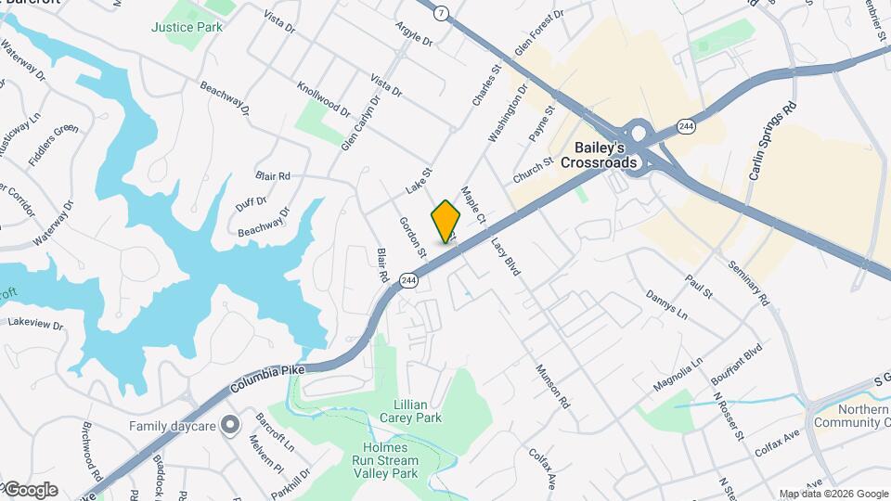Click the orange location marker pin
pos(445,221)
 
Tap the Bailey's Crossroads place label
pos(599,155)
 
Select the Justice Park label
pos(187,27)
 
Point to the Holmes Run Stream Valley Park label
pos(391,460)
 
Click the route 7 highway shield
pos(441,13)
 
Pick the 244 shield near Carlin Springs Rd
pos(686,126)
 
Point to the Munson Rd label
pos(551,387)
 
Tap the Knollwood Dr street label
pos(323,98)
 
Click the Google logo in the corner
pos(31,490)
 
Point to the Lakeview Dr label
pos(35,325)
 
